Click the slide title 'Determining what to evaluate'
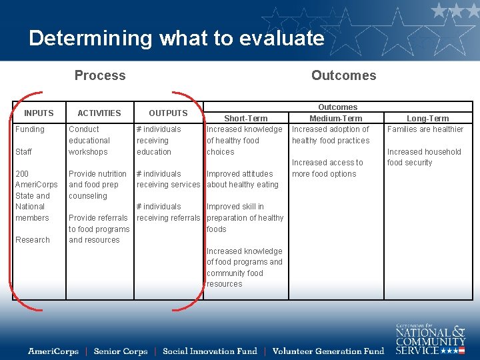(x=177, y=38)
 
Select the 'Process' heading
(x=100, y=75)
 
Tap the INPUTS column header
(x=39, y=113)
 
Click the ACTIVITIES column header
(x=99, y=113)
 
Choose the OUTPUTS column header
(x=168, y=113)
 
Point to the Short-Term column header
(x=246, y=119)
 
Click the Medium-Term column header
(x=336, y=119)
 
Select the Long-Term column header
(x=427, y=119)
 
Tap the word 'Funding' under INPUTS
(x=30, y=129)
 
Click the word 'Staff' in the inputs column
(x=23, y=152)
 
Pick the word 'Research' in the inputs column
(x=33, y=240)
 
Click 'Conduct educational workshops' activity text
(x=89, y=141)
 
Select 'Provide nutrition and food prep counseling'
(x=97, y=185)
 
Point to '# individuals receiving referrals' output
(x=168, y=212)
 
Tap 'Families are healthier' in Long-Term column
(x=425, y=129)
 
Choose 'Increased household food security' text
(x=424, y=157)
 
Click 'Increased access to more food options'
(x=327, y=168)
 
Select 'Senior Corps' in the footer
(x=121, y=351)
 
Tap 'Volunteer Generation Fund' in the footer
(x=329, y=351)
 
